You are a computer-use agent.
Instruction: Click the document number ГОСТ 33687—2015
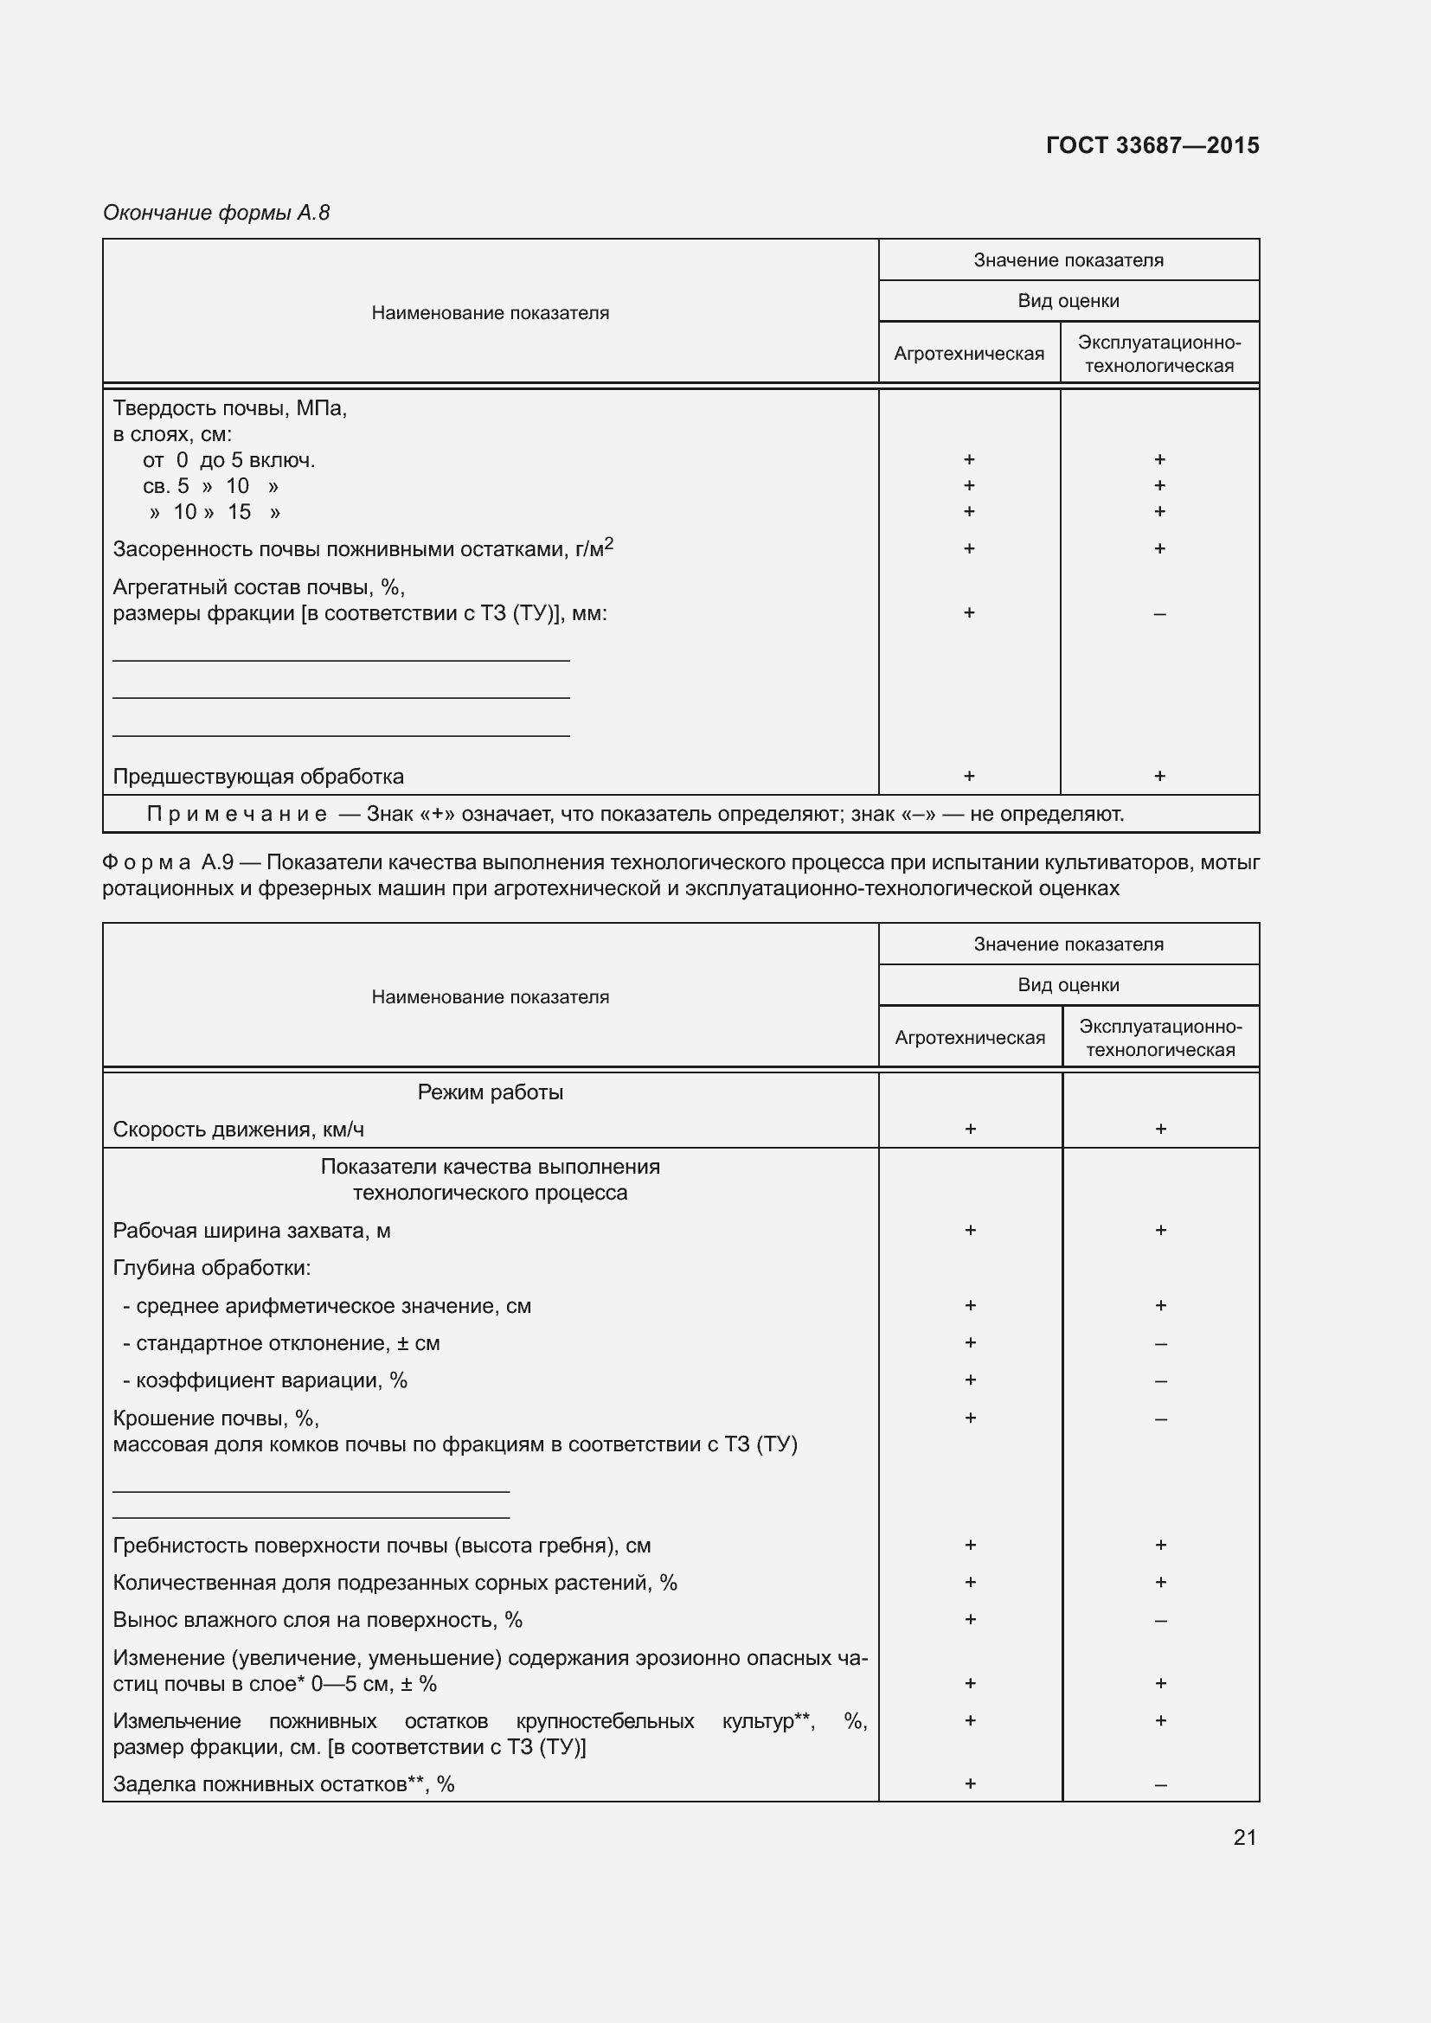point(1152,145)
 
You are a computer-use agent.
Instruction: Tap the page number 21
point(1244,1837)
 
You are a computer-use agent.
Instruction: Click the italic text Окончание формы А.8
point(216,213)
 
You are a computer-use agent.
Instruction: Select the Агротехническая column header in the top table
point(968,354)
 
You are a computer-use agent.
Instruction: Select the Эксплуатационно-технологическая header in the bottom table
point(1159,1038)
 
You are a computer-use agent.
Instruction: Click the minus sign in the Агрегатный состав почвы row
point(1159,614)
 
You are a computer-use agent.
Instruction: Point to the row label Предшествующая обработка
point(258,776)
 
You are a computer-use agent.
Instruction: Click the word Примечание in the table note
point(236,814)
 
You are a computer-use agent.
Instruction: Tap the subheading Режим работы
point(490,1092)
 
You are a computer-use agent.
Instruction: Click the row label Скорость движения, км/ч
point(239,1130)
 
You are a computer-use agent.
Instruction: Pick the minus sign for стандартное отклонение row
point(1160,1345)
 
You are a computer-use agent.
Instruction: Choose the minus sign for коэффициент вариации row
point(1160,1381)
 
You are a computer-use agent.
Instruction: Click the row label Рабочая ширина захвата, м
point(252,1231)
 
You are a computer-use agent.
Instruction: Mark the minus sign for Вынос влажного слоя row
point(1160,1621)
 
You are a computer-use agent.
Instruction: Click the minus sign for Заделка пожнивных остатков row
point(1160,1785)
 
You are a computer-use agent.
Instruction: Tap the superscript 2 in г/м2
point(609,544)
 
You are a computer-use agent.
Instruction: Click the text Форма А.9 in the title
point(168,861)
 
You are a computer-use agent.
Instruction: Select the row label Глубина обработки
point(211,1268)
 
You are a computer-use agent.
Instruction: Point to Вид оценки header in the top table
point(1068,300)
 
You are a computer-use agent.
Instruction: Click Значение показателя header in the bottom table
point(1068,944)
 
